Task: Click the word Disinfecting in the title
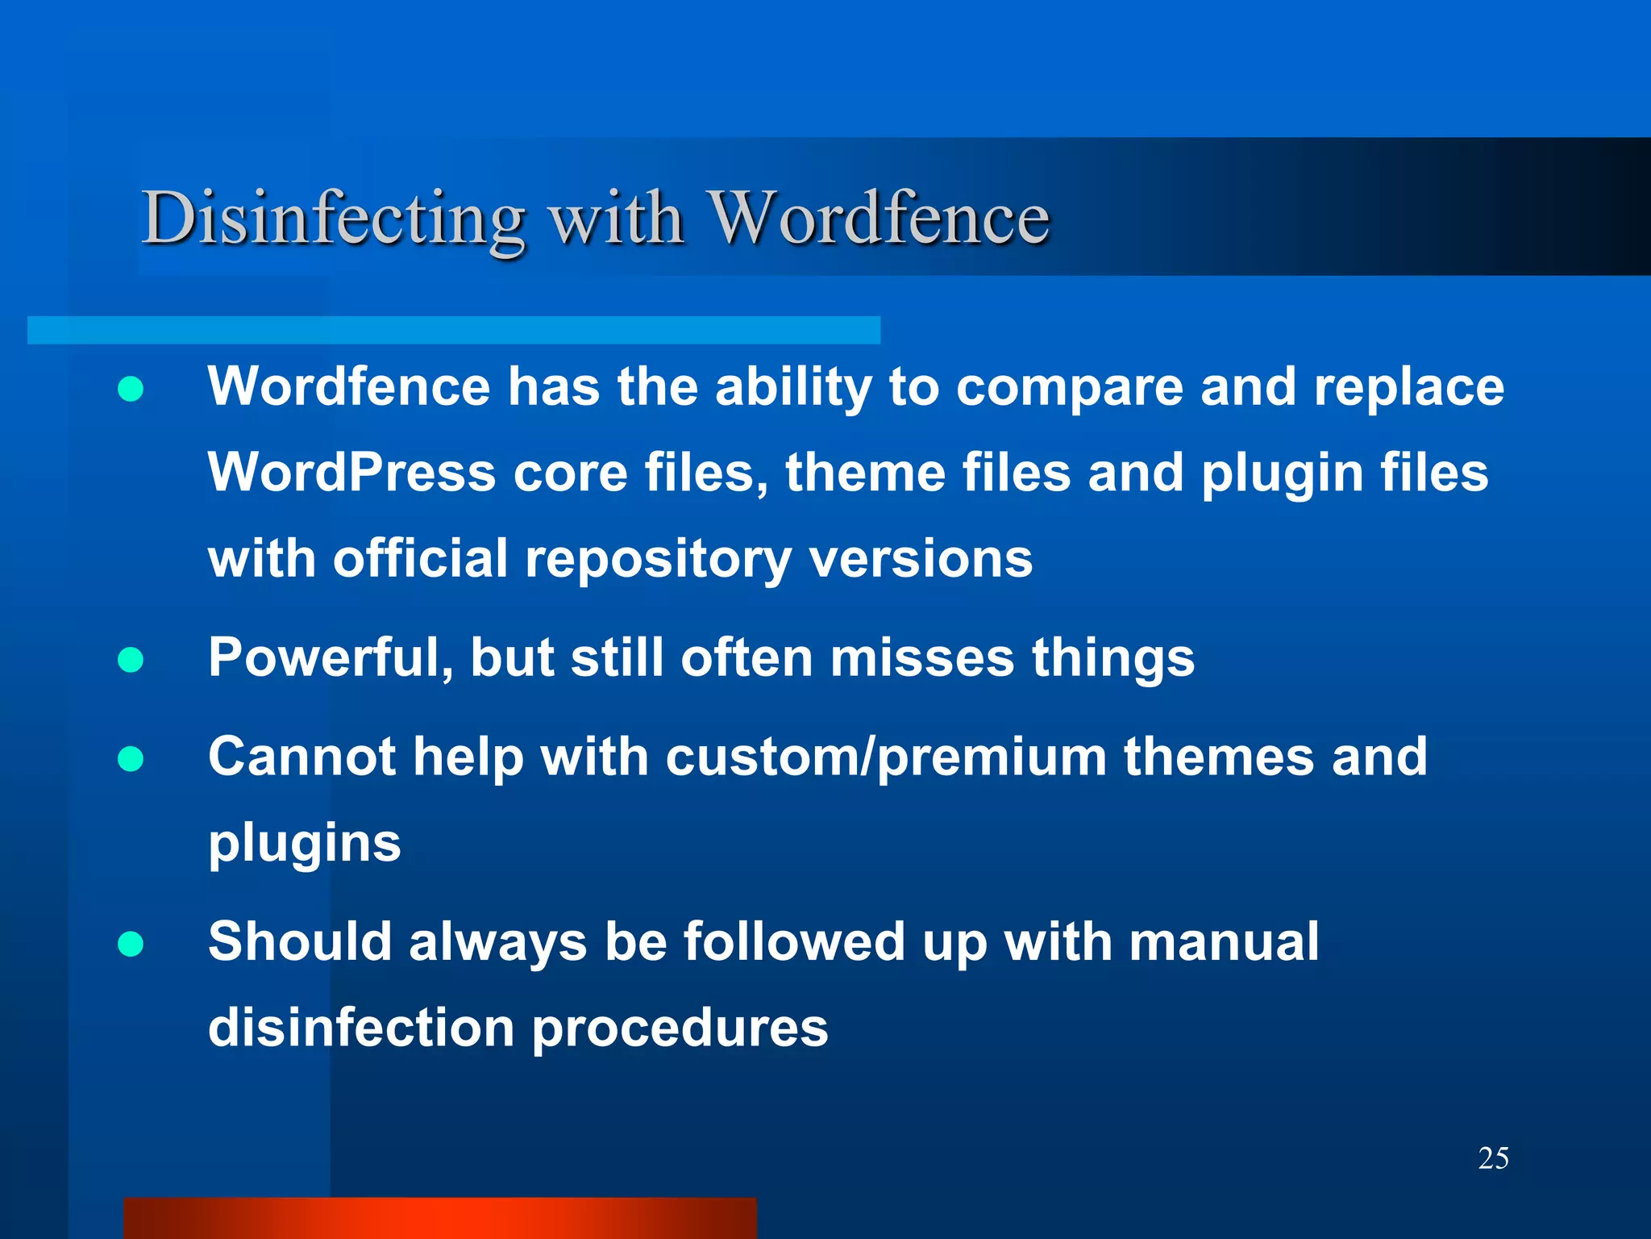pos(333,218)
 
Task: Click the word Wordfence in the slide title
pos(879,218)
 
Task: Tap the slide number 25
pos(1493,1158)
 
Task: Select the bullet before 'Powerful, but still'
pos(131,660)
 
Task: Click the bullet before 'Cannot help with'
pos(131,759)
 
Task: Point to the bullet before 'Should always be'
pos(131,944)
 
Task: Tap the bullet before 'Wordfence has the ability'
pos(131,390)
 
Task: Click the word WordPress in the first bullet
pos(351,473)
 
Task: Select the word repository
pos(658,559)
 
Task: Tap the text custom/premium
pos(886,758)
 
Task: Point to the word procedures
pos(680,1029)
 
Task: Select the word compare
pos(1069,387)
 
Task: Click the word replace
pos(1408,387)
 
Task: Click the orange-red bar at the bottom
pos(440,1218)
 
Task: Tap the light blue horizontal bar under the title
pos(453,330)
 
